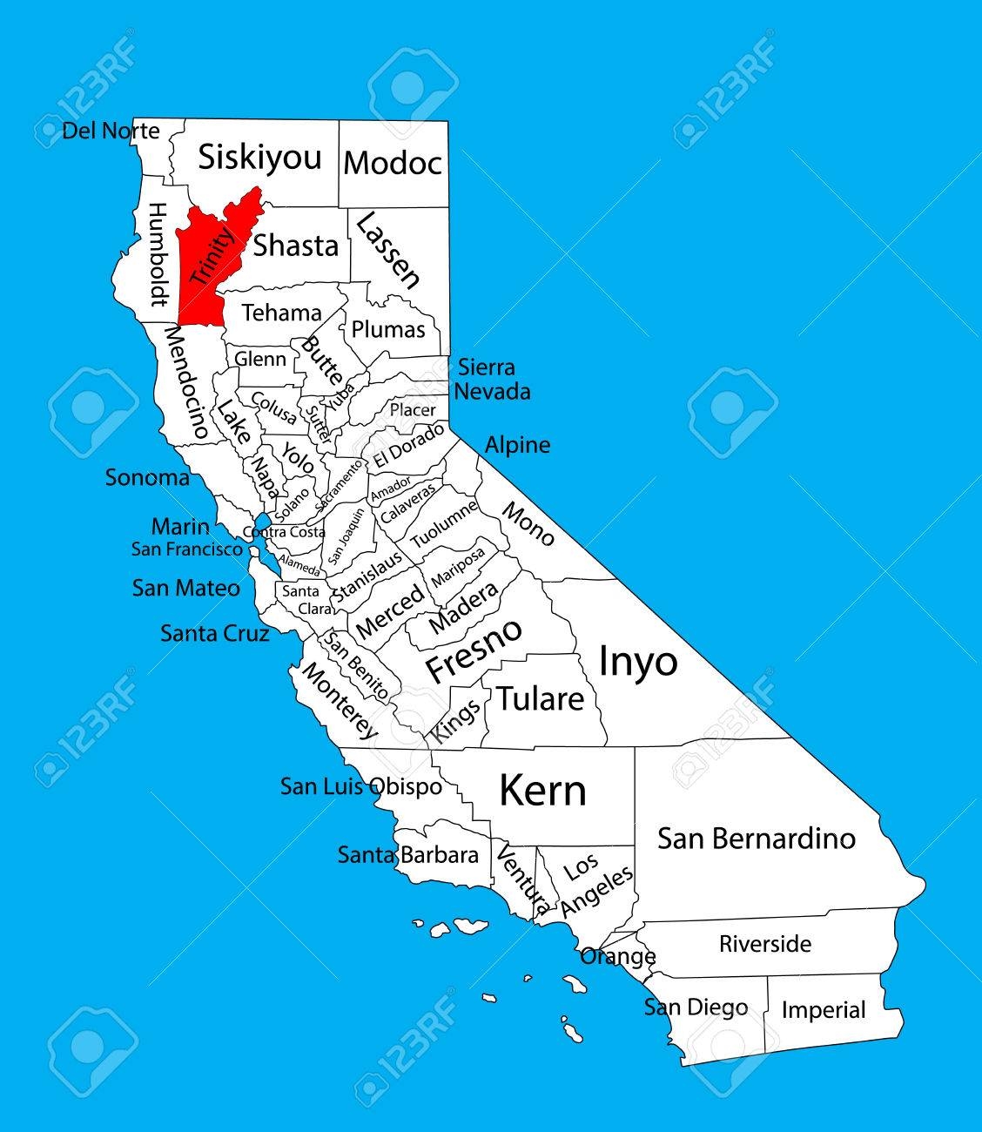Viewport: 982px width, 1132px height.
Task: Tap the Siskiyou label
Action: [x=259, y=158]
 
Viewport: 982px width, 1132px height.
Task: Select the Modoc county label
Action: [x=393, y=163]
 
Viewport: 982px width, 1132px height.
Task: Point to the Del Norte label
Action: [x=111, y=131]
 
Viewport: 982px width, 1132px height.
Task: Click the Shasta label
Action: [x=295, y=246]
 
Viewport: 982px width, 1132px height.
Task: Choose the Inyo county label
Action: [x=638, y=662]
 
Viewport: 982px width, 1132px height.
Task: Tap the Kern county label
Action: [x=542, y=791]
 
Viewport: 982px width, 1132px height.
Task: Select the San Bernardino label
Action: [x=757, y=839]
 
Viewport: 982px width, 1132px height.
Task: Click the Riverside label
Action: [x=765, y=944]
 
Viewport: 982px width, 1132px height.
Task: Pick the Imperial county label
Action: [x=824, y=1010]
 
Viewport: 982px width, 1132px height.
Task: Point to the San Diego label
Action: [x=696, y=1007]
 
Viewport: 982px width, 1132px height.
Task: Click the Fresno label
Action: [x=474, y=651]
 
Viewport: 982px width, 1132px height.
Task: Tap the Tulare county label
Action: [x=540, y=698]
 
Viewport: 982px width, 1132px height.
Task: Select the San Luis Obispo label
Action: [x=360, y=786]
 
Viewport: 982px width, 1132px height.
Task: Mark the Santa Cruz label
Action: [x=214, y=633]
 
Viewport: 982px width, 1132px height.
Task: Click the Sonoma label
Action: [x=147, y=477]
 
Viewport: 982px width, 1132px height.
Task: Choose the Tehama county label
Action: [x=281, y=312]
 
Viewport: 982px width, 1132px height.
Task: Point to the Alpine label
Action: [x=517, y=445]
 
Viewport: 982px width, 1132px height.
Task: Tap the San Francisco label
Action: [x=187, y=549]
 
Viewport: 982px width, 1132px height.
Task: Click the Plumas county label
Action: [x=388, y=329]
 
